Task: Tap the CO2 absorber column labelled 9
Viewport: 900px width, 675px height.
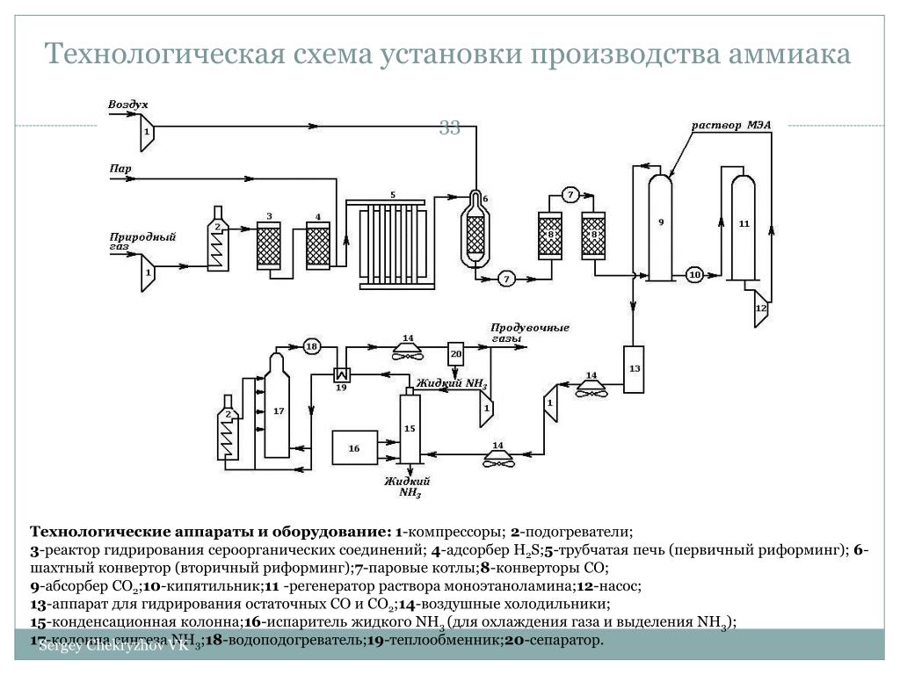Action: click(660, 227)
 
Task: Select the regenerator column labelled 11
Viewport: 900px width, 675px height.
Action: click(744, 227)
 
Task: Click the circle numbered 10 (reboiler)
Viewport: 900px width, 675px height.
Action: click(694, 275)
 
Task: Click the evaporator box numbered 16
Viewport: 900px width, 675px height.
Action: click(354, 447)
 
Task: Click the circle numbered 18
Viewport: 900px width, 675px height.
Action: click(311, 345)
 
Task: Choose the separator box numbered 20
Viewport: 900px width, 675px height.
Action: click(455, 354)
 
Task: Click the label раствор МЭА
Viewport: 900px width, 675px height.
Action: click(731, 125)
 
